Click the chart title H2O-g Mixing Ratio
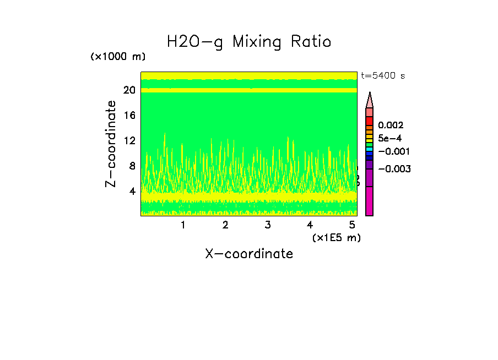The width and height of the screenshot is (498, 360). pyautogui.click(x=249, y=42)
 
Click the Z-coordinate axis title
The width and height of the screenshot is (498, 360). pyautogui.click(x=111, y=144)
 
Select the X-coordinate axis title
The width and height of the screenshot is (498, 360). pyautogui.click(x=249, y=254)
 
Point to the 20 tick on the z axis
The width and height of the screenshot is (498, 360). pyautogui.click(x=129, y=90)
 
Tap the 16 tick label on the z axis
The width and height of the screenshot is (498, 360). pyautogui.click(x=129, y=116)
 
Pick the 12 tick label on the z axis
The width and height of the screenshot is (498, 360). pyautogui.click(x=129, y=141)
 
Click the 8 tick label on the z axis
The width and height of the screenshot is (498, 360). pyautogui.click(x=132, y=166)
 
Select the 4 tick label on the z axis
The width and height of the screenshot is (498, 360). pyautogui.click(x=132, y=192)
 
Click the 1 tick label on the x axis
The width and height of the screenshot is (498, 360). pyautogui.click(x=183, y=225)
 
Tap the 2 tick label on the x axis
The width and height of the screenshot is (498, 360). pyautogui.click(x=225, y=225)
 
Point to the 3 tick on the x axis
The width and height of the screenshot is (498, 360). pyautogui.click(x=267, y=225)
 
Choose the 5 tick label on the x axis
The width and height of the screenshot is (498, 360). pyautogui.click(x=352, y=225)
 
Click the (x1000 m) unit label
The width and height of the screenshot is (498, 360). pyautogui.click(x=118, y=57)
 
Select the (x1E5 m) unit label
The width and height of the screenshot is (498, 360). pyautogui.click(x=336, y=238)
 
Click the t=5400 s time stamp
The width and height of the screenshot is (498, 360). pyautogui.click(x=383, y=76)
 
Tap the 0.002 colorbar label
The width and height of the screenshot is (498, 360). pyautogui.click(x=391, y=126)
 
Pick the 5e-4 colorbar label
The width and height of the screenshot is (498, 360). pyautogui.click(x=390, y=138)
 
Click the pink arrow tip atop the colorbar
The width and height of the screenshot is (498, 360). pyautogui.click(x=370, y=100)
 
